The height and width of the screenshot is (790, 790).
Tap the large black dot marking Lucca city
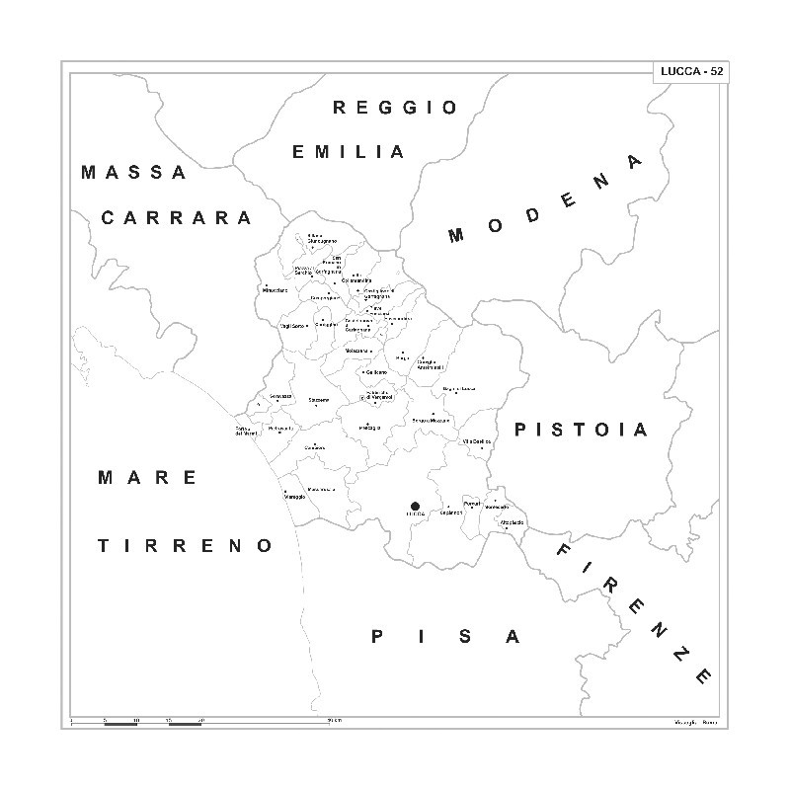click(x=415, y=506)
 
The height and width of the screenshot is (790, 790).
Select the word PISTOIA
click(x=581, y=430)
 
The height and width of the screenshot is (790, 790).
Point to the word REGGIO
click(x=395, y=108)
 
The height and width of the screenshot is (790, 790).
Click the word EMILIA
click(x=349, y=152)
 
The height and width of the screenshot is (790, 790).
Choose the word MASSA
click(x=133, y=172)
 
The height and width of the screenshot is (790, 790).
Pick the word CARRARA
click(x=177, y=217)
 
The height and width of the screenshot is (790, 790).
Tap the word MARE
click(x=148, y=478)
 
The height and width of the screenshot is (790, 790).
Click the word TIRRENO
click(x=184, y=544)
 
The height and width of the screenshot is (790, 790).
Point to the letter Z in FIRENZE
click(x=680, y=656)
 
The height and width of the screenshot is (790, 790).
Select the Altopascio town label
click(x=512, y=521)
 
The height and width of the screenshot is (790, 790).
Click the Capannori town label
click(x=451, y=513)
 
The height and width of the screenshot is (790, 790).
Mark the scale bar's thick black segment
click(x=120, y=725)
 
